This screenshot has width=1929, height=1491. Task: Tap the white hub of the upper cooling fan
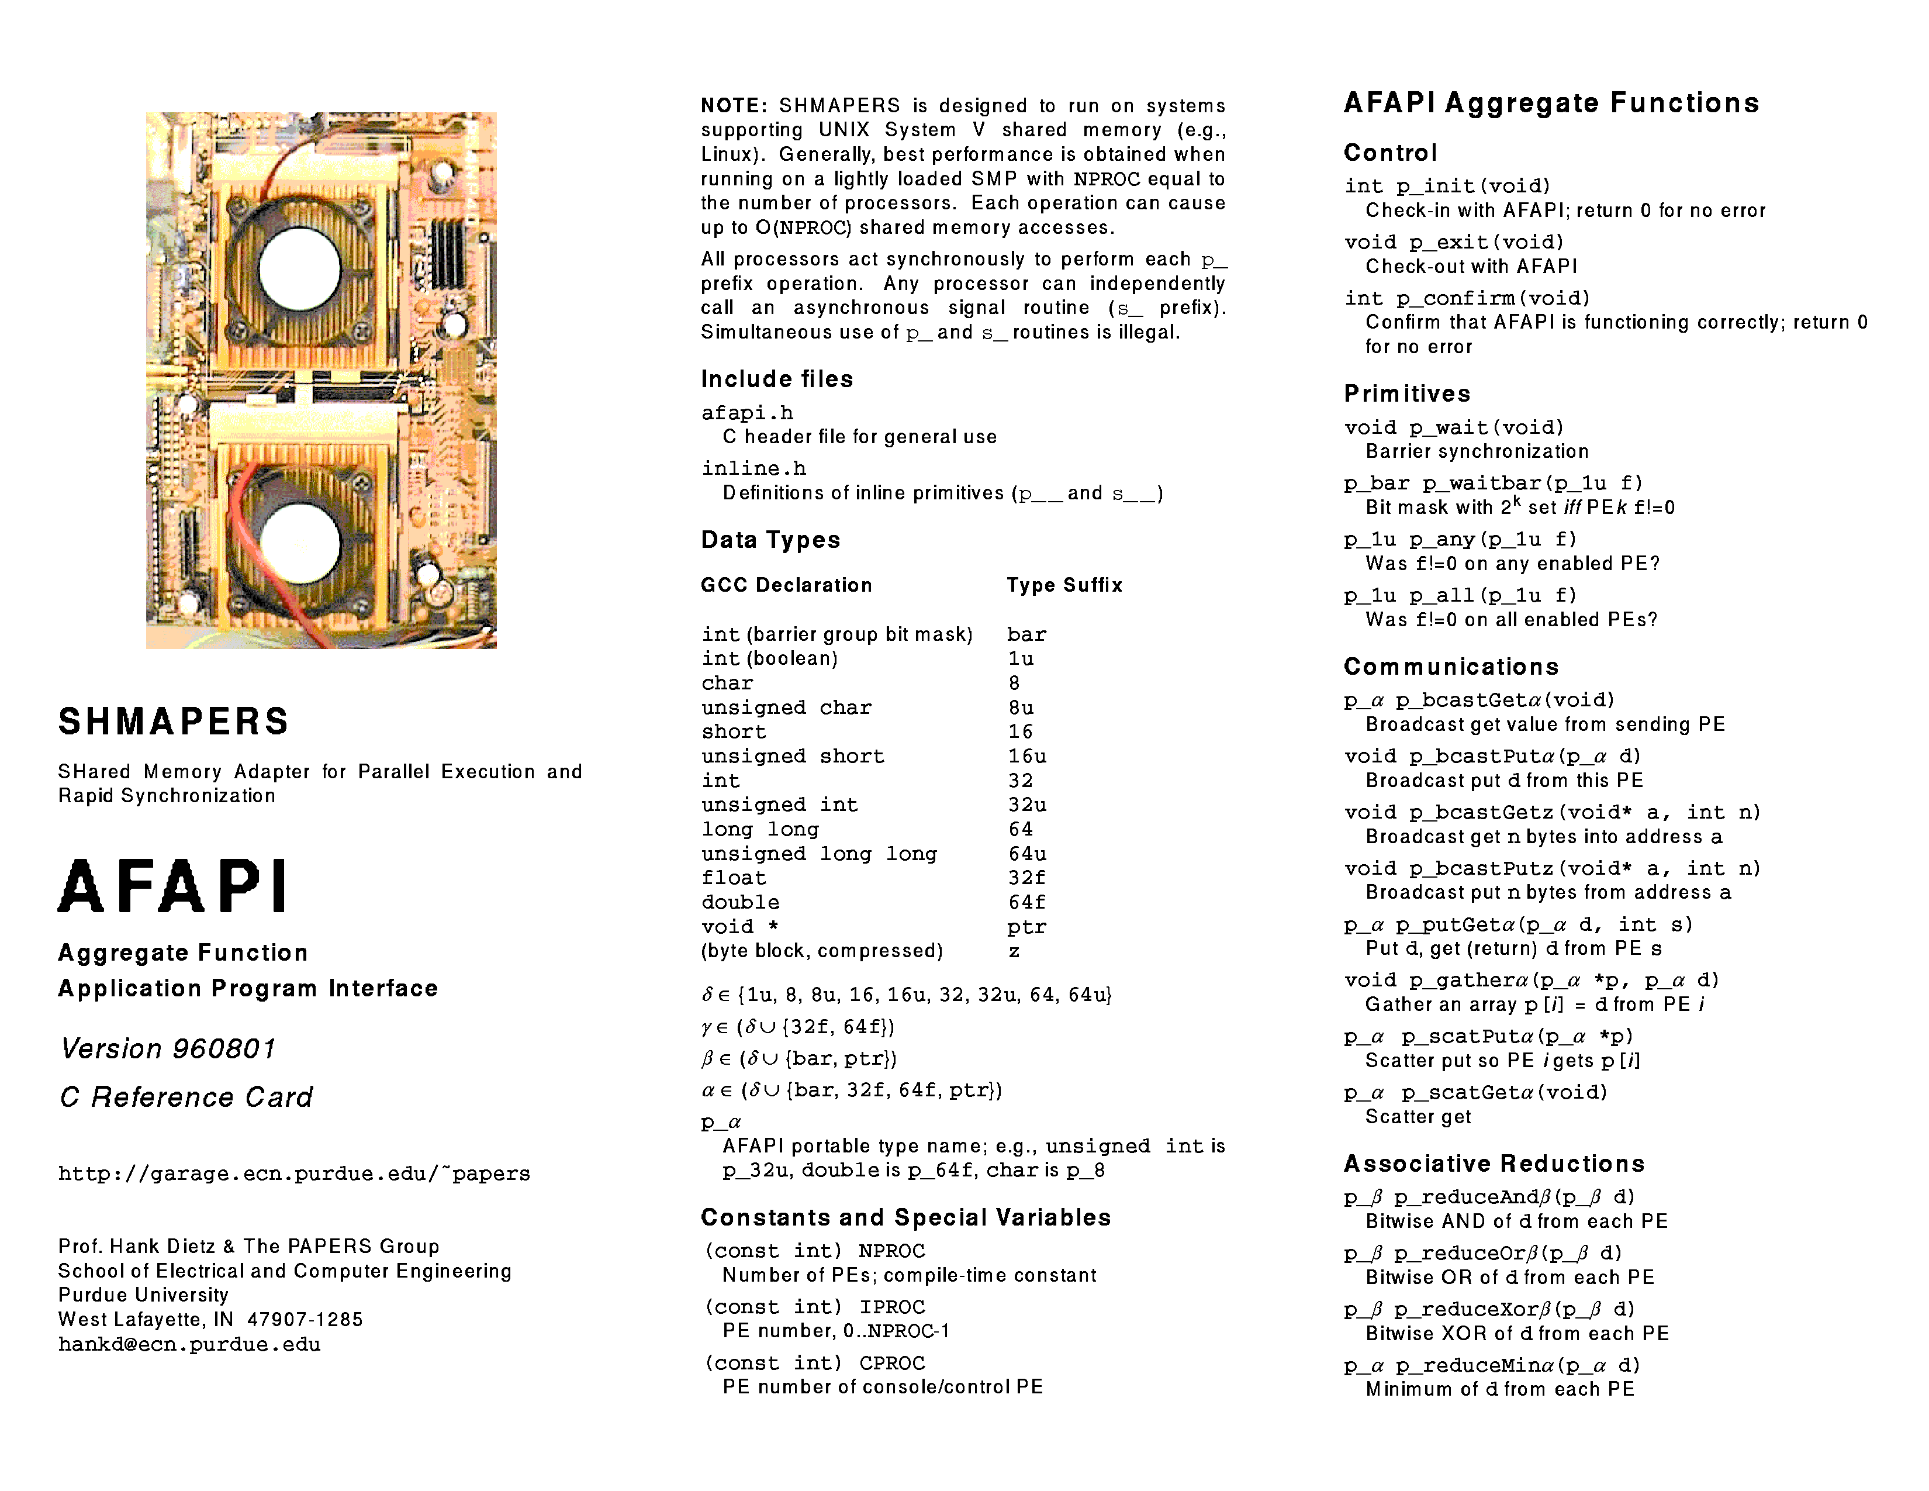(x=299, y=268)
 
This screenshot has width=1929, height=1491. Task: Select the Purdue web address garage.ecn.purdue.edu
(x=294, y=1174)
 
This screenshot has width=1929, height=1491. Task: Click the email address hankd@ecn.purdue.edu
(x=189, y=1344)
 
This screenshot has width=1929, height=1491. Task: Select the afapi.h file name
(x=747, y=412)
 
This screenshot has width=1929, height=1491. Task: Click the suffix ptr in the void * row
(x=1026, y=927)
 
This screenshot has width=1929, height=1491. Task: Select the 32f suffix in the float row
(x=1026, y=878)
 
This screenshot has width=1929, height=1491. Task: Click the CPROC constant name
(x=892, y=1363)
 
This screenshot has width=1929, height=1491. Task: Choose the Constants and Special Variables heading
(x=905, y=1217)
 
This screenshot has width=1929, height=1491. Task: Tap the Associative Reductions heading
(x=1494, y=1164)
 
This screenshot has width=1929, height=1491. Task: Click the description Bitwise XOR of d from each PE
(x=1516, y=1333)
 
